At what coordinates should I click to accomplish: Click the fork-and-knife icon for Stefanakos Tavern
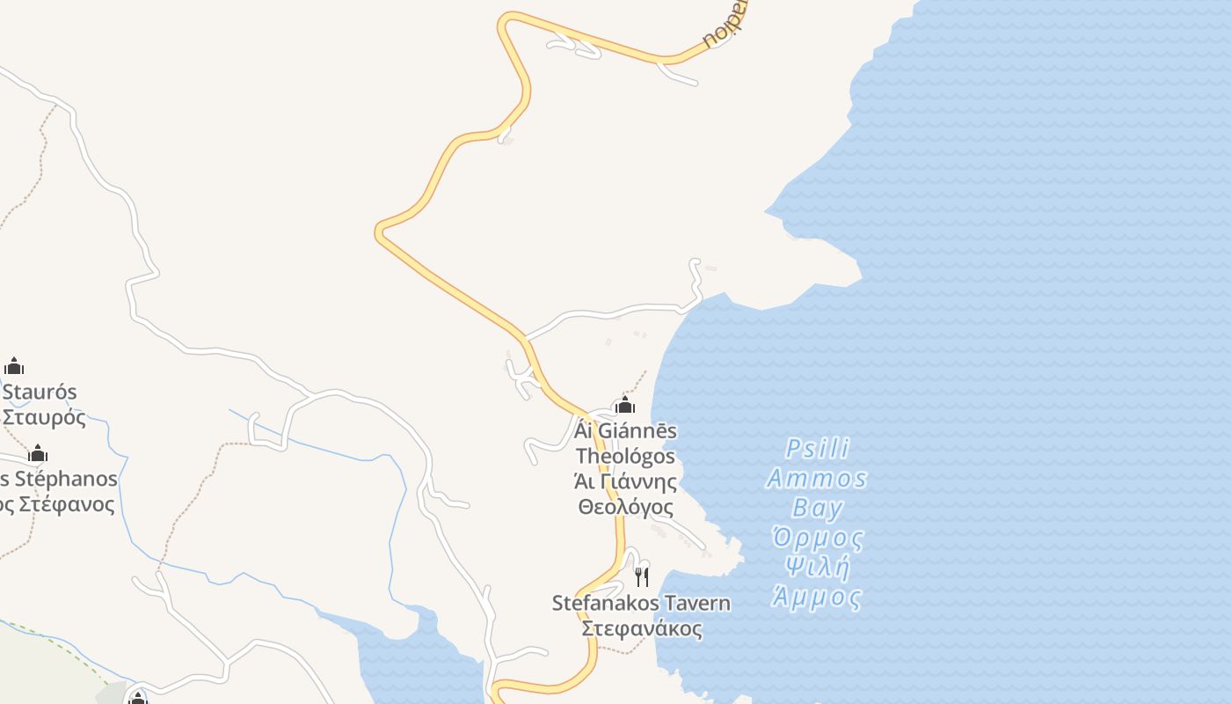[x=642, y=577]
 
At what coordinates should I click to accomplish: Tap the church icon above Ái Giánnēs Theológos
[x=625, y=405]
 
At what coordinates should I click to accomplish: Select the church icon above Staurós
[x=14, y=366]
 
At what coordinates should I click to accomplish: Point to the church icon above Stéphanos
[x=38, y=454]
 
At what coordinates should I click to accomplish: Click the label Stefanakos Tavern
[x=641, y=604]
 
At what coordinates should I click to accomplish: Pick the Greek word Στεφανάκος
[x=642, y=629]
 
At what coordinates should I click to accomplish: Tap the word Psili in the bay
[x=818, y=450]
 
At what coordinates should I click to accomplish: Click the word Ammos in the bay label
[x=817, y=480]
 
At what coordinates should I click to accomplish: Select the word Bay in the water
[x=818, y=509]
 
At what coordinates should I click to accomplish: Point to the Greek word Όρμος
[x=818, y=538]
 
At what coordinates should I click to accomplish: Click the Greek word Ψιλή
[x=818, y=568]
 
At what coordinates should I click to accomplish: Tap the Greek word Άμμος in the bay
[x=818, y=598]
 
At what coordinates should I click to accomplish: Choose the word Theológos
[x=625, y=457]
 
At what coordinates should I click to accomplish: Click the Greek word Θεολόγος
[x=625, y=508]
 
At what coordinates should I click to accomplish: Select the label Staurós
[x=40, y=392]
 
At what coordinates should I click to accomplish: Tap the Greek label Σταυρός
[x=44, y=417]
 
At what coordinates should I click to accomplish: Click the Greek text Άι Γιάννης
[x=625, y=482]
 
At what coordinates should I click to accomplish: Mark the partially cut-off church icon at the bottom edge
[x=137, y=699]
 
